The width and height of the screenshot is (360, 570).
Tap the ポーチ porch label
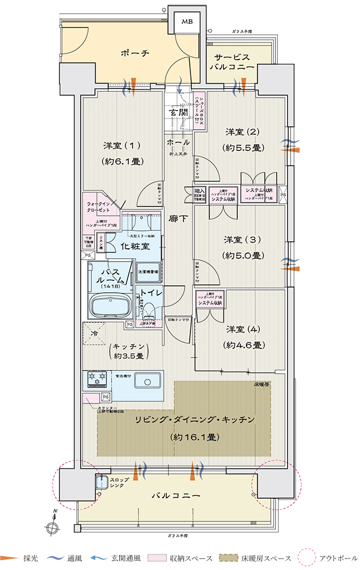[135, 53]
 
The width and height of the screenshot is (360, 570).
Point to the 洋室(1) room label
[122, 145]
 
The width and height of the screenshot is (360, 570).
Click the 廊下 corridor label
[178, 220]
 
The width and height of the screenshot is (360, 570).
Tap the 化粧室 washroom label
[135, 246]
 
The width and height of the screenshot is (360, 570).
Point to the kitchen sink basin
[152, 380]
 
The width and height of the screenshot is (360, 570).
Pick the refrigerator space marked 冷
[95, 333]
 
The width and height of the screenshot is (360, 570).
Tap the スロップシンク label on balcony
[111, 483]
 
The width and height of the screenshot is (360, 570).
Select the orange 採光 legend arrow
[11, 558]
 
